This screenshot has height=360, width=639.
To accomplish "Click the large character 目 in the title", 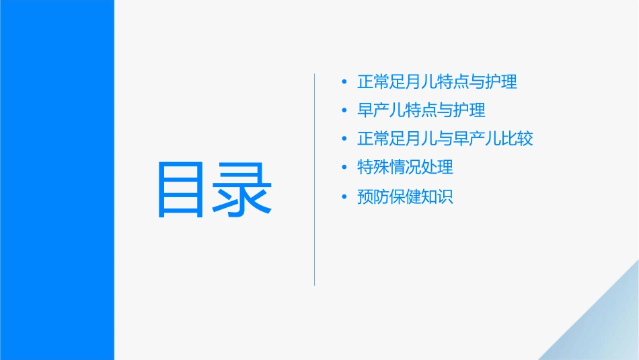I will [180, 190].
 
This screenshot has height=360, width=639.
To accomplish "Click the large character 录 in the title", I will [241, 190].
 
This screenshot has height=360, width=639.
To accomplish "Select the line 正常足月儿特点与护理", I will [437, 82].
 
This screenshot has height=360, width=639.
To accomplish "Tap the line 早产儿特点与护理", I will [421, 110].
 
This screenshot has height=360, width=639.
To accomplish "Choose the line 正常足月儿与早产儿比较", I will [445, 139].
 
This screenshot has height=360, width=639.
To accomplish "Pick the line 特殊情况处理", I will [406, 167].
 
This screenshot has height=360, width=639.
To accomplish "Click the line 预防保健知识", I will [406, 196].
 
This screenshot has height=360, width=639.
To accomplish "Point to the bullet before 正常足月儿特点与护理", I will [345, 83].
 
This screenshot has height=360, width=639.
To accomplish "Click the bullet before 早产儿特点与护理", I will [345, 110].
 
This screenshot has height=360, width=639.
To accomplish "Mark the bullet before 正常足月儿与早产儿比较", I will [345, 139].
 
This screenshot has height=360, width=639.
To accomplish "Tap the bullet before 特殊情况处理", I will [345, 168].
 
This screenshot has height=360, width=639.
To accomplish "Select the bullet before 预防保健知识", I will [345, 197].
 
